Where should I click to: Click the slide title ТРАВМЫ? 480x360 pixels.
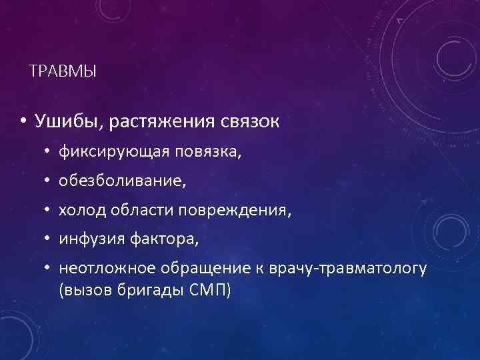click(63, 71)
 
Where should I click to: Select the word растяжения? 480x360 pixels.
click(162, 122)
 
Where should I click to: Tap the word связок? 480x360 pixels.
click(251, 122)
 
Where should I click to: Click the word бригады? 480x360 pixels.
click(144, 291)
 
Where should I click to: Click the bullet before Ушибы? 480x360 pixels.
click(21, 123)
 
